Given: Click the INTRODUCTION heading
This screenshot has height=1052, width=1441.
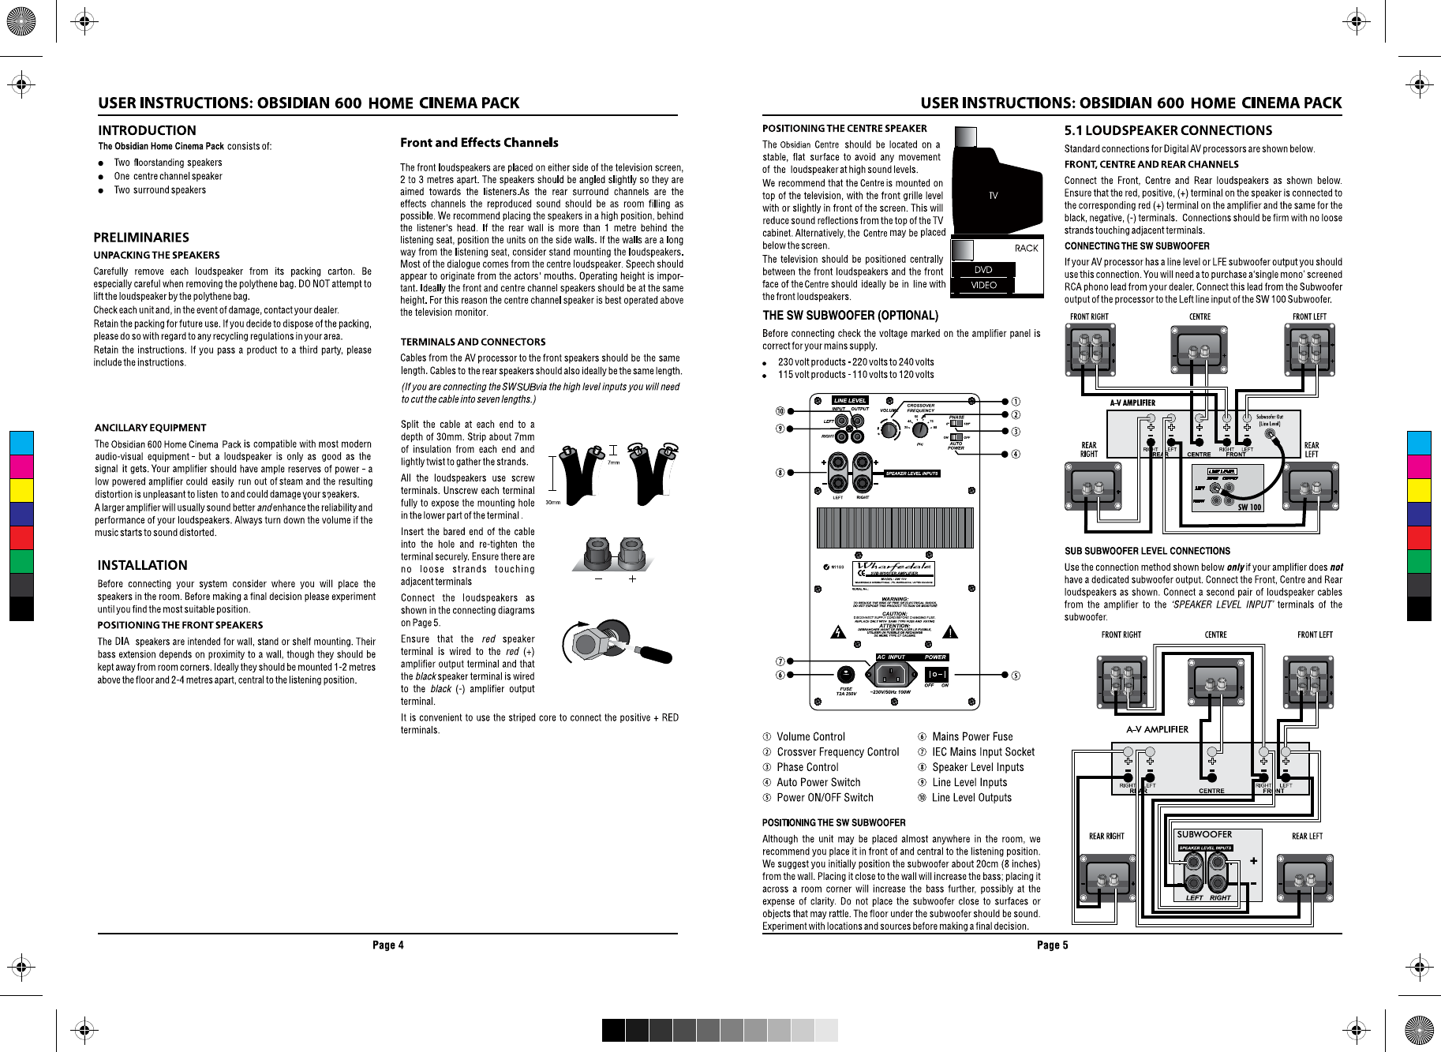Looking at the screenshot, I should pos(147,130).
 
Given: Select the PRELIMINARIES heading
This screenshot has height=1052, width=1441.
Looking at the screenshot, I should pos(141,238).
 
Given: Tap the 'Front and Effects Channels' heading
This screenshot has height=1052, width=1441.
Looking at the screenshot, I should pos(479,143).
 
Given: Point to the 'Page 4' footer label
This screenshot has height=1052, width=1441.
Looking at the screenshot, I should pos(387,945).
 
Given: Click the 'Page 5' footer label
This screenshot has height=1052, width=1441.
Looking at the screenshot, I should pos(1052,945).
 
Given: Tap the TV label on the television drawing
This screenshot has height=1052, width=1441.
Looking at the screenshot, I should pos(993,195).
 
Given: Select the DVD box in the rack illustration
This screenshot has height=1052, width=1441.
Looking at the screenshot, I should pos(982,270).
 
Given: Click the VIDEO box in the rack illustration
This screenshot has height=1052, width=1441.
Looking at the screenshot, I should pos(983,285).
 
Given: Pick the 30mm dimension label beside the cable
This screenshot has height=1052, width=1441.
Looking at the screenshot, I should pos(553,503).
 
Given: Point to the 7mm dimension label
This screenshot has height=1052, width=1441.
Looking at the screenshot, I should pos(613,462).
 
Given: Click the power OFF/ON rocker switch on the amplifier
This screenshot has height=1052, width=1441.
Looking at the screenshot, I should pos(936,675).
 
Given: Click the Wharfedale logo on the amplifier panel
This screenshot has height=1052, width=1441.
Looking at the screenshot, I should pos(895,567).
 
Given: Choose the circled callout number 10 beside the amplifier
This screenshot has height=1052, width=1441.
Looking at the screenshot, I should pos(780,411).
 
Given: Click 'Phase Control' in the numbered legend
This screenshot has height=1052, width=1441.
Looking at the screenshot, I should pos(807,767).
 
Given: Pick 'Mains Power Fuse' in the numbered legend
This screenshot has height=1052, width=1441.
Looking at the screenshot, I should pos(972,736).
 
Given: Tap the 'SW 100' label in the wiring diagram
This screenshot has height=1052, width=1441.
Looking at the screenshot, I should pos(1249,507).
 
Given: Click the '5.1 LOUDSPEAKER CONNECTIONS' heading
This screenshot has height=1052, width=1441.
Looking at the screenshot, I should pos(1168,130).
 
